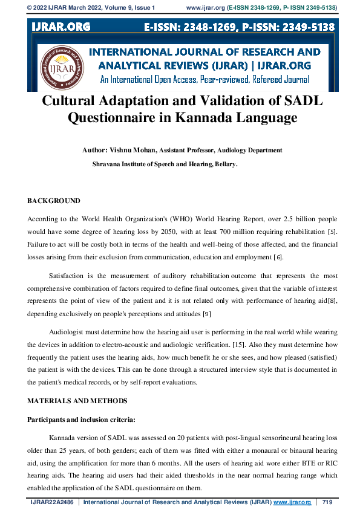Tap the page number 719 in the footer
click(327, 502)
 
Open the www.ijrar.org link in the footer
click(292, 502)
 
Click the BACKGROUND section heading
click(53, 200)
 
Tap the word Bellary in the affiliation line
click(223, 164)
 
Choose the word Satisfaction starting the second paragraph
click(68, 275)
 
